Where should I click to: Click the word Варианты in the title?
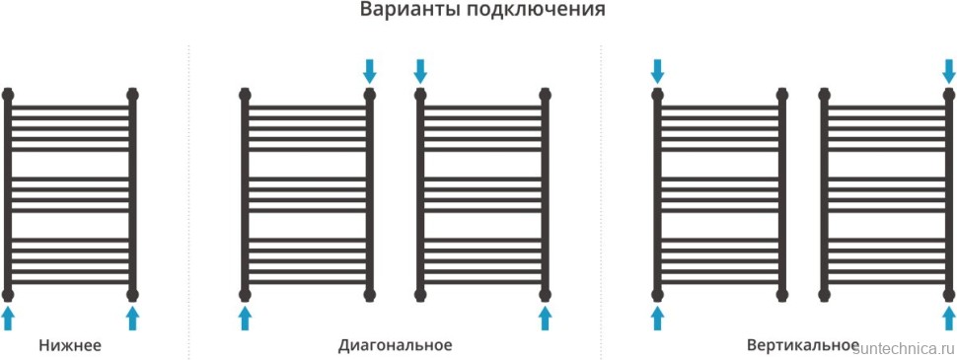point(402,12)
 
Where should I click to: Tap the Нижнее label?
point(70,345)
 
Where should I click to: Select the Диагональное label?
point(395,345)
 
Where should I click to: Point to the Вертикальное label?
point(802,345)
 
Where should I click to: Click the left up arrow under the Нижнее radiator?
point(9,317)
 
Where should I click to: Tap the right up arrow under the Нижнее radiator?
point(133,317)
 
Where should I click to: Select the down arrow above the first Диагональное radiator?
point(370,71)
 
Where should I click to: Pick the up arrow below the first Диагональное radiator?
point(246,317)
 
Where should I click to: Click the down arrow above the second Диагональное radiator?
point(420,71)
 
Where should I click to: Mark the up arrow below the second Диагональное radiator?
point(545,317)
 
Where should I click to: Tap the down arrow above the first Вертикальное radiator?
point(658,71)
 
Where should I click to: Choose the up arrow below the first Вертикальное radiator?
point(658,317)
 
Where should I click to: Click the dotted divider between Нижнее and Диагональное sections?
point(188,197)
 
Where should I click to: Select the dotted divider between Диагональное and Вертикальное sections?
point(601,197)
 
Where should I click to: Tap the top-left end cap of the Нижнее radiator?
point(9,95)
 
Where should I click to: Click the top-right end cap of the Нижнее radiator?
point(133,95)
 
